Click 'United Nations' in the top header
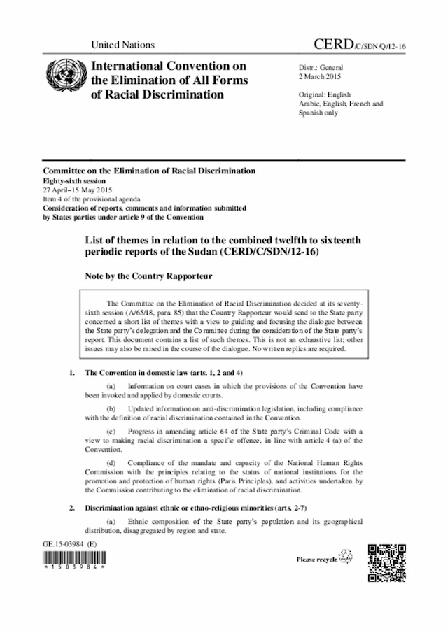click(122, 45)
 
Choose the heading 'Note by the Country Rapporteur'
click(148, 276)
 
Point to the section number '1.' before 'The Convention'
click(73, 373)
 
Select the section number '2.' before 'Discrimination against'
click(73, 507)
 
